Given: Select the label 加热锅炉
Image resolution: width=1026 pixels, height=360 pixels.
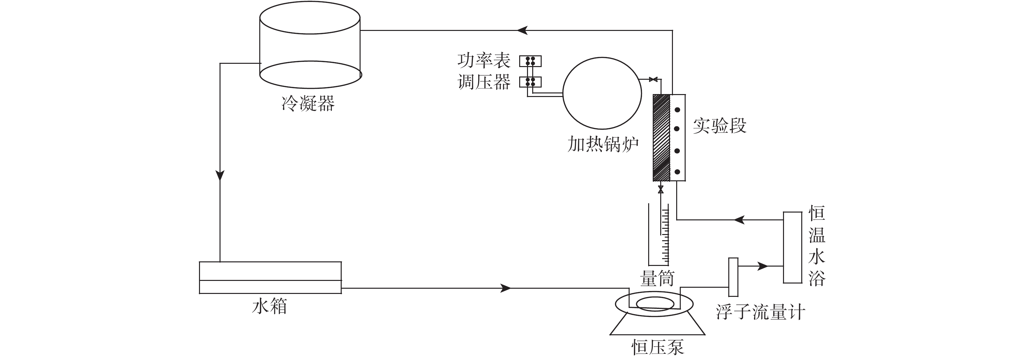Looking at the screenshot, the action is click(x=603, y=144).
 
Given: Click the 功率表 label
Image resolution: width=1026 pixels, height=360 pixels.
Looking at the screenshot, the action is click(x=484, y=61).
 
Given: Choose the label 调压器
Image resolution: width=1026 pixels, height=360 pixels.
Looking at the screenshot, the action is click(x=484, y=82).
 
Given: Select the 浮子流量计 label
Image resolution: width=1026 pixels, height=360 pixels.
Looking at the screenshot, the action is click(x=760, y=312).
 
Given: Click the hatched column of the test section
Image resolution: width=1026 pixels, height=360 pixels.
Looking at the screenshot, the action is click(x=661, y=137).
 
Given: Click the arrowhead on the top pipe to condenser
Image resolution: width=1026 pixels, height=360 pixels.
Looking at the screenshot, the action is click(x=522, y=30).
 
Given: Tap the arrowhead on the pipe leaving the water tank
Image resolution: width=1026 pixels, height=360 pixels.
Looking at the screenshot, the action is click(x=506, y=288).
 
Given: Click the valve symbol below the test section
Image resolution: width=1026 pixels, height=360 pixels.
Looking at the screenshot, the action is click(x=661, y=189).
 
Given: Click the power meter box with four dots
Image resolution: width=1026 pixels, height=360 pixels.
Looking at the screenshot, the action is click(x=530, y=61).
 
